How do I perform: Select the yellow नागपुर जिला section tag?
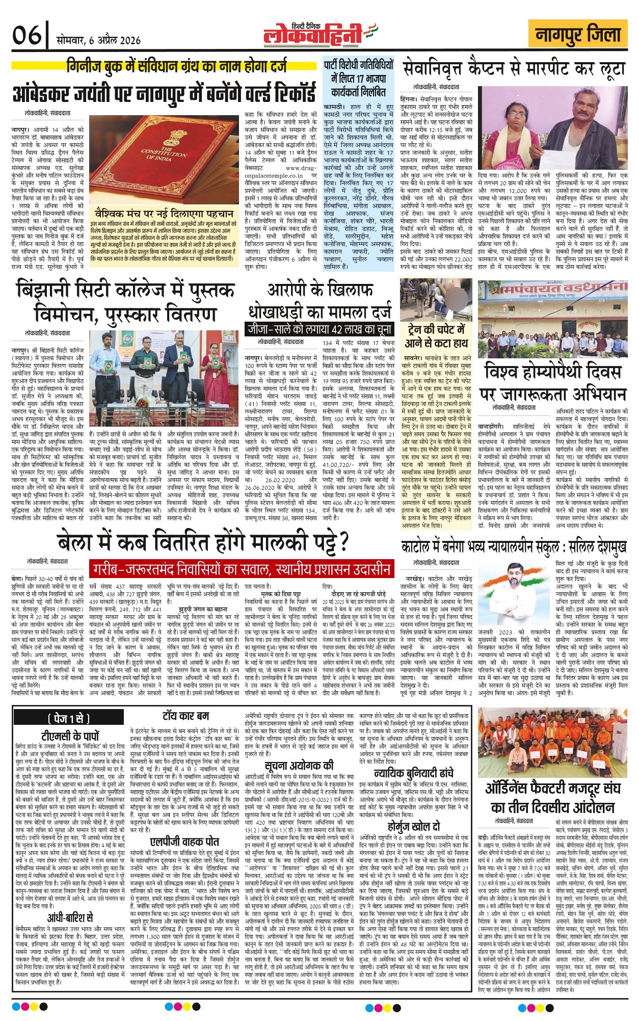578,35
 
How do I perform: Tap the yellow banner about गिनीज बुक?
176,66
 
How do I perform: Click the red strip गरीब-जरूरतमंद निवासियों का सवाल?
241,568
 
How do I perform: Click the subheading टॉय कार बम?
184,716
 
